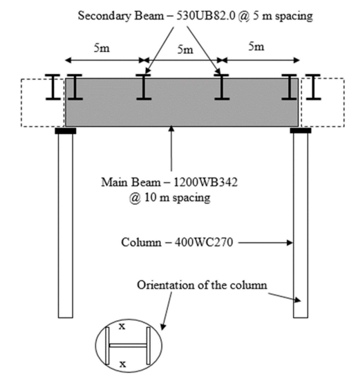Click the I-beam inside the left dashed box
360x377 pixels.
click(x=53, y=89)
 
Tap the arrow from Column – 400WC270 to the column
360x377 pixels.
click(x=268, y=243)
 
